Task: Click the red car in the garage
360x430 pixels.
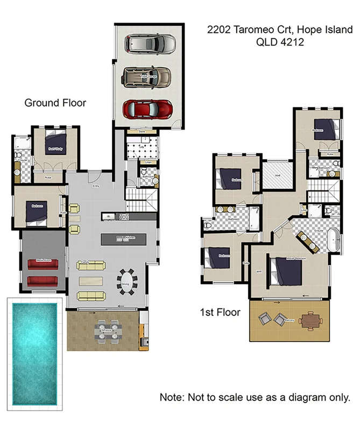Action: point(148,109)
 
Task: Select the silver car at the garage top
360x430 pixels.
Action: point(150,44)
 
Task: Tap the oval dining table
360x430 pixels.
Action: point(128,281)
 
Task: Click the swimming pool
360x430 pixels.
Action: point(34,353)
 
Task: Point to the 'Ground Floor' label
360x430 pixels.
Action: point(55,103)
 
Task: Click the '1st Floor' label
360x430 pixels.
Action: point(220,312)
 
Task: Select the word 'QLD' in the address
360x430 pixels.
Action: point(266,42)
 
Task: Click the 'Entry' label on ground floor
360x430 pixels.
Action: point(96,187)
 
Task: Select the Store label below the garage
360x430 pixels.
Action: point(142,131)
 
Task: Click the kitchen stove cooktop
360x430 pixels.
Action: point(123,217)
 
